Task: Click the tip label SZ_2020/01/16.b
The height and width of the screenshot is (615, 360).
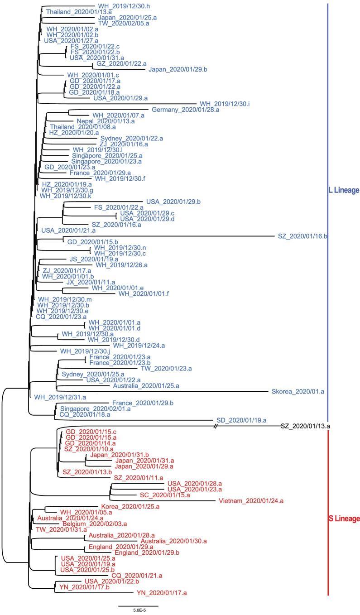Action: pos(302,236)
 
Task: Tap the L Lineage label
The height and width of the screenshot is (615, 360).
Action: pos(343,191)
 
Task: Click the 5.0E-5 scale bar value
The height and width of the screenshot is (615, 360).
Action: pos(139,610)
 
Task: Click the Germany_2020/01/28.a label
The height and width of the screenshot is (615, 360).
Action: pos(186,110)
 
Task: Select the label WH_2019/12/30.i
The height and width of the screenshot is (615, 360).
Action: pos(225,104)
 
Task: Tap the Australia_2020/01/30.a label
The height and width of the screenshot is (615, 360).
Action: pos(174,541)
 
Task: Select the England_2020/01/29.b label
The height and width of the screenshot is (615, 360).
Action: pos(147,553)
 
